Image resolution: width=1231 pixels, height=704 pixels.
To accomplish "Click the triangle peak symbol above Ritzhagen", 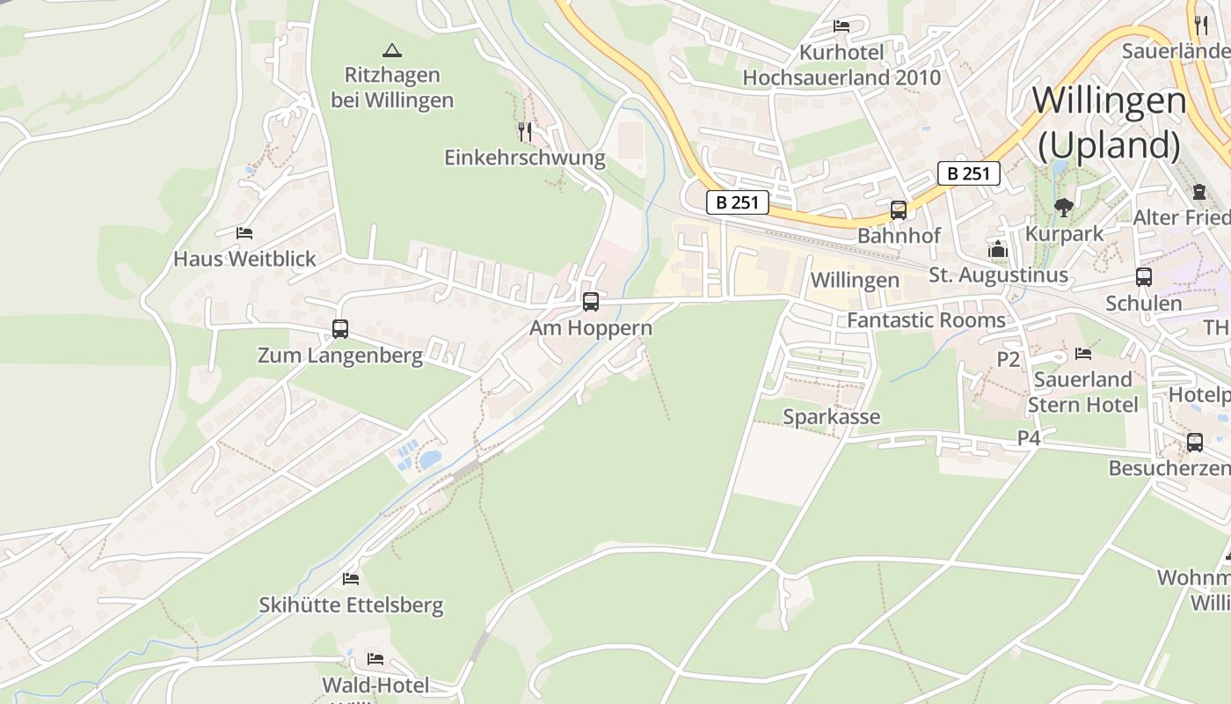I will [x=392, y=50].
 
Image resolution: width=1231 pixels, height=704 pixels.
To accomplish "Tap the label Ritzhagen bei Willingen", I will [x=392, y=87].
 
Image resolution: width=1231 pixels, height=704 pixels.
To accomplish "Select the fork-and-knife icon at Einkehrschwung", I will [x=525, y=132].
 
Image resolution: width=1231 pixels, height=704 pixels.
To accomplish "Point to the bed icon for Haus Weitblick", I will [x=244, y=233].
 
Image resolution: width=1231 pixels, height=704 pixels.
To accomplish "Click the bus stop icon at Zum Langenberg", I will [x=340, y=329].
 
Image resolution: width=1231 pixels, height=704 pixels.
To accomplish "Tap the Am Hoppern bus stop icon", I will [x=591, y=302].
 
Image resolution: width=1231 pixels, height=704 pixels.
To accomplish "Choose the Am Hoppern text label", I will [x=591, y=328].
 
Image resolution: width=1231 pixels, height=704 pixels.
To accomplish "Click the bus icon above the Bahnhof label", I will [x=898, y=210].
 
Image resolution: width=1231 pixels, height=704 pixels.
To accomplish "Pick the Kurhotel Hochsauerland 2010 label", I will [x=841, y=65].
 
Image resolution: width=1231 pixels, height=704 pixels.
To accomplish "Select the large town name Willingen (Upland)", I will [x=1109, y=121].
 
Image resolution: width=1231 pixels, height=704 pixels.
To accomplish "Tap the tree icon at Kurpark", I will [x=1064, y=208].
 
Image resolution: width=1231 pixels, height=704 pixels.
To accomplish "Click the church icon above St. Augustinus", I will [x=997, y=250].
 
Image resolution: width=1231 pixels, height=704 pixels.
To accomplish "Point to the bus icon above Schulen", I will [x=1144, y=277].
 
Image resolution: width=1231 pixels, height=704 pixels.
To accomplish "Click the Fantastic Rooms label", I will [x=926, y=319].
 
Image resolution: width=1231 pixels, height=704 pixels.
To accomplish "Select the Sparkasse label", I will [x=831, y=416].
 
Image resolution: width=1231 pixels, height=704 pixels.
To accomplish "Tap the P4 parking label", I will [x=1029, y=437].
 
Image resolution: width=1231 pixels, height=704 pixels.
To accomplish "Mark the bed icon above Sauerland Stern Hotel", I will [x=1083, y=354].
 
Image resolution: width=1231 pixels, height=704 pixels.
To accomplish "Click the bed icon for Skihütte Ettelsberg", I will [x=351, y=579].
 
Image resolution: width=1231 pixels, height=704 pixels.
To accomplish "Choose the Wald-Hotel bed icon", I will [x=375, y=659].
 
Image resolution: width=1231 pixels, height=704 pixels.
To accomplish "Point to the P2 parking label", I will [x=1008, y=359].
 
